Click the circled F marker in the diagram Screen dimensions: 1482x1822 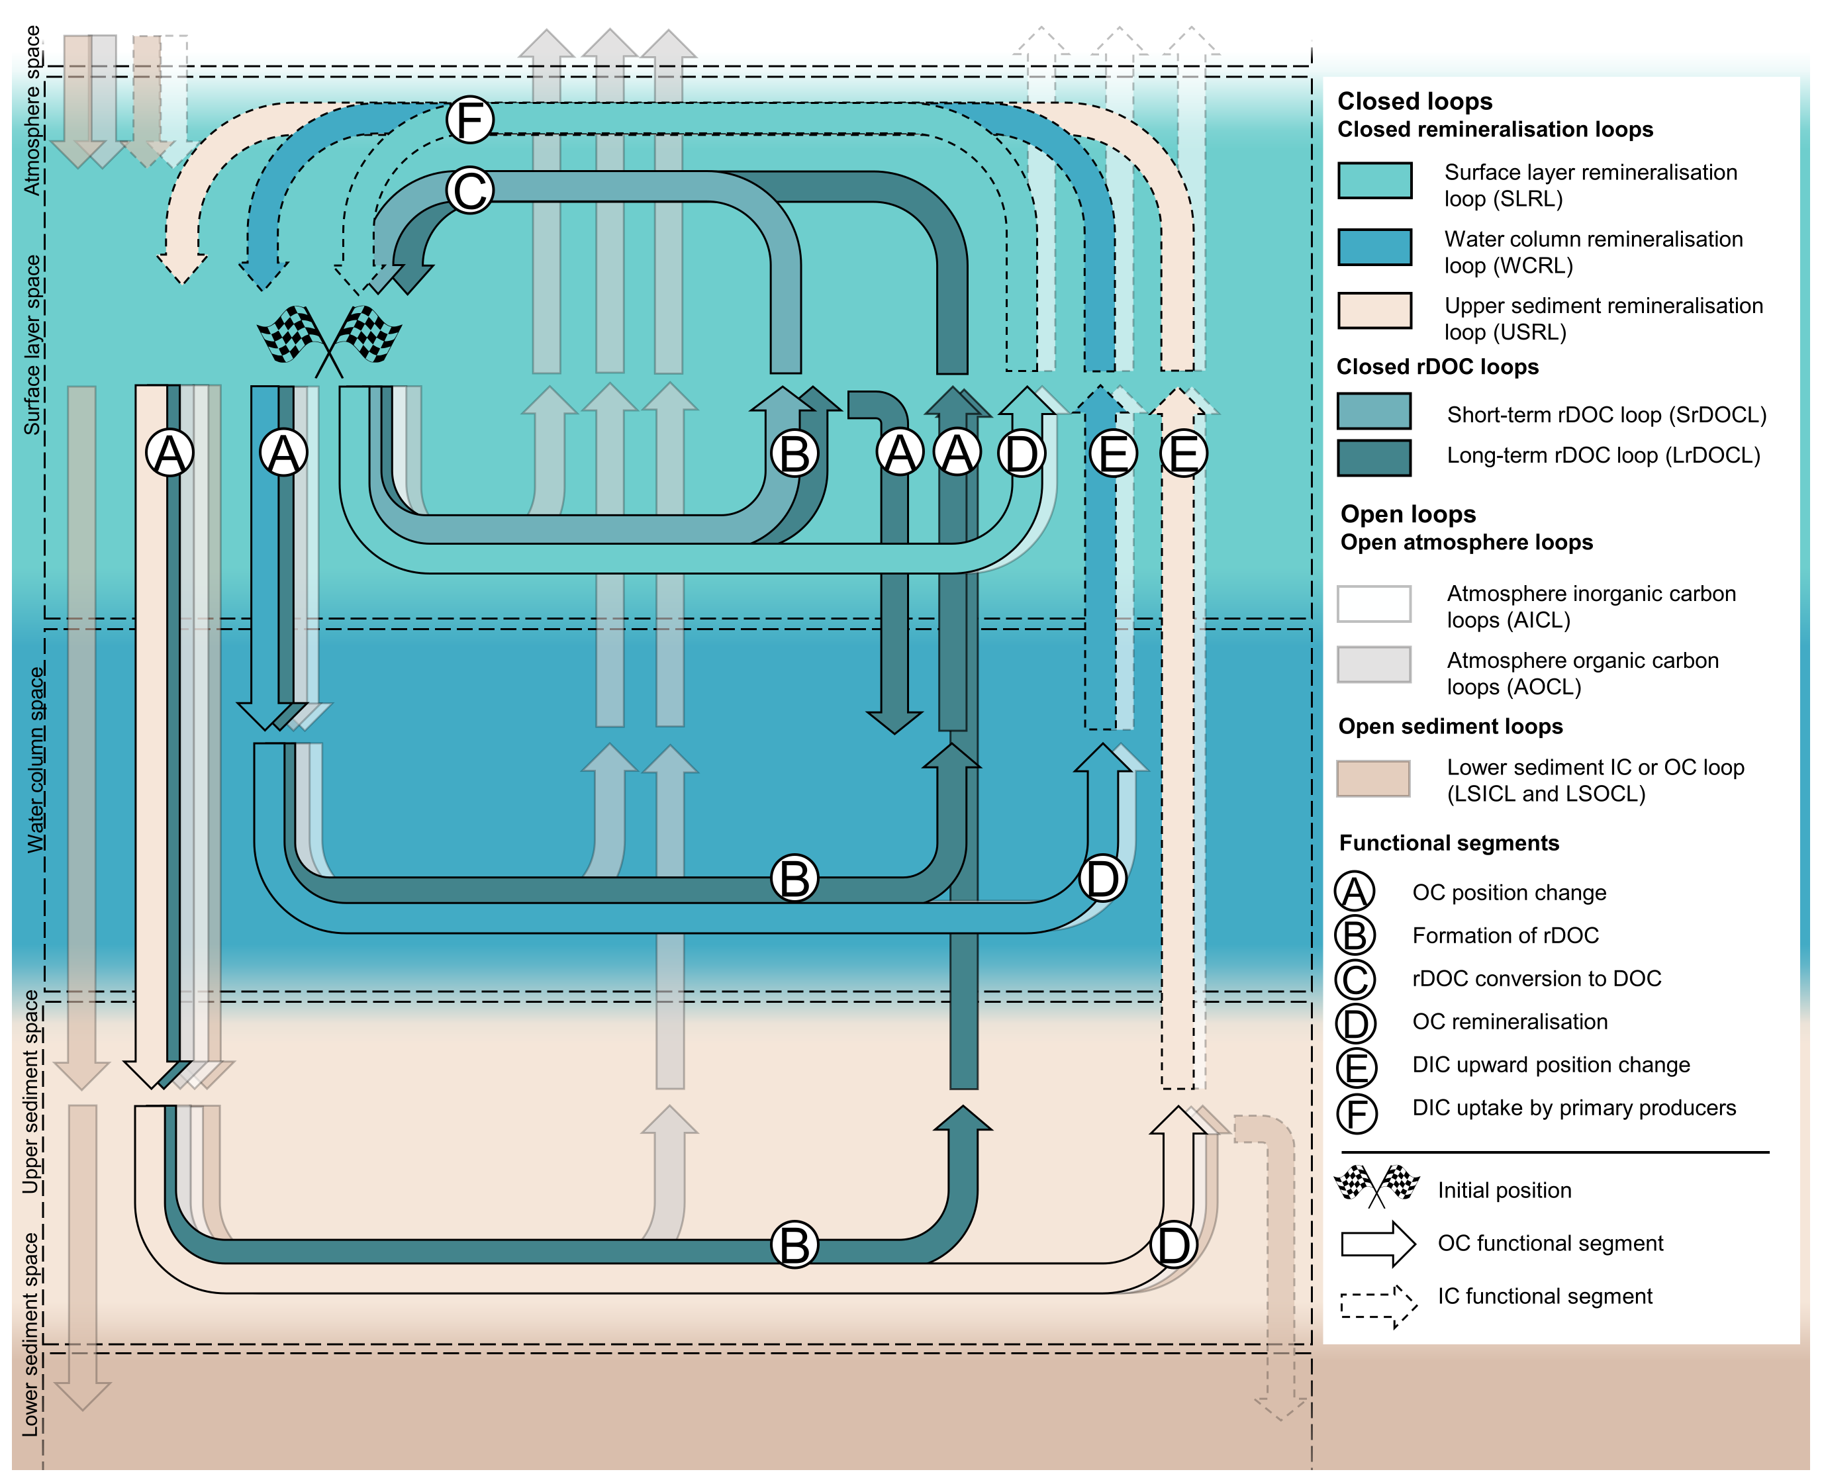click(469, 120)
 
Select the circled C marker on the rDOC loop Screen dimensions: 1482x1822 click(469, 191)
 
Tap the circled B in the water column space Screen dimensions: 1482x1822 click(794, 878)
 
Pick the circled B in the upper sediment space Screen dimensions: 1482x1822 click(794, 1244)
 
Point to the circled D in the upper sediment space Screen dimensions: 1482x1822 click(1173, 1244)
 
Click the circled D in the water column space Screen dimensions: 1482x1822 click(1102, 878)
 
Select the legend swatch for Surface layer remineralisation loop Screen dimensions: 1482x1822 click(1374, 180)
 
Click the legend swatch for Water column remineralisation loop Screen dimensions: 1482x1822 click(1374, 248)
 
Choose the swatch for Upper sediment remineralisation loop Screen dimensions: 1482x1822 click(1374, 310)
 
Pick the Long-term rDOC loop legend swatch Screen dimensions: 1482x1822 click(1373, 457)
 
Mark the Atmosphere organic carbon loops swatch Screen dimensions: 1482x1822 click(1373, 664)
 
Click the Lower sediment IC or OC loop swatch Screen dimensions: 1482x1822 click(1373, 778)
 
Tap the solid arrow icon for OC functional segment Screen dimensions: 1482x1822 click(1377, 1243)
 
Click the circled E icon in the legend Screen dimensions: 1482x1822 click(1355, 1067)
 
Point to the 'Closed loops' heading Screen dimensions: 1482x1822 click(1414, 101)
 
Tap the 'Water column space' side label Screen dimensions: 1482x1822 click(34, 760)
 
